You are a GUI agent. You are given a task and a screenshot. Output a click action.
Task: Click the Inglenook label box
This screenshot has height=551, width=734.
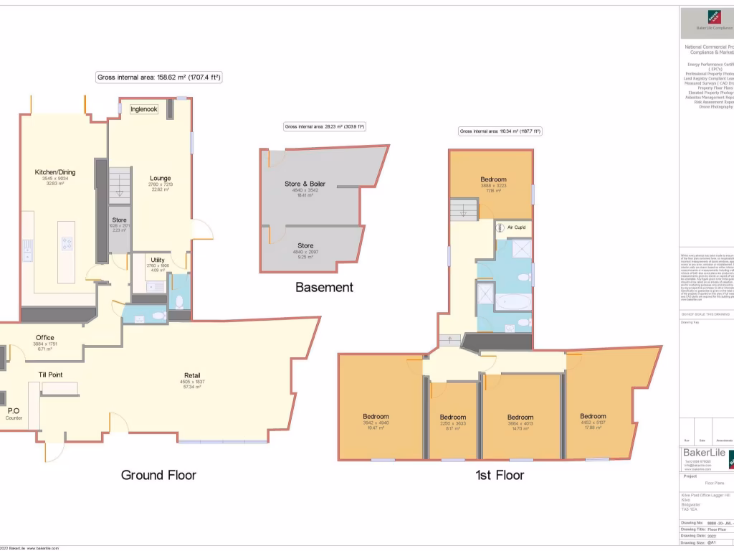click(x=144, y=109)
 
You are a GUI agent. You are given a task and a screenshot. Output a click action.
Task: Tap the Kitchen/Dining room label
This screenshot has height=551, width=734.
click(x=55, y=172)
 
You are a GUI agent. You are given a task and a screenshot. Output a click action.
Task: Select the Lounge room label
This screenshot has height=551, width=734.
click(x=160, y=179)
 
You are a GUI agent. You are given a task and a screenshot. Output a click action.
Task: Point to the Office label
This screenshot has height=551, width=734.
click(x=45, y=338)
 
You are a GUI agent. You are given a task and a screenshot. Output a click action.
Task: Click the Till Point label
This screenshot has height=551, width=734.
click(x=50, y=375)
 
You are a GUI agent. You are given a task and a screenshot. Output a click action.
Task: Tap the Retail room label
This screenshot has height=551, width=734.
click(x=192, y=375)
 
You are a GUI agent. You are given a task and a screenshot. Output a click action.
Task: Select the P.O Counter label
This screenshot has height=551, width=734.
click(x=14, y=414)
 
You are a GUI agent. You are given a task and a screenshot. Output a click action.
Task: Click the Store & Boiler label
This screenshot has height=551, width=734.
click(x=305, y=184)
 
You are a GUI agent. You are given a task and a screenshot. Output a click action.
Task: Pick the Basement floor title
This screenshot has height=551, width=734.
click(x=324, y=288)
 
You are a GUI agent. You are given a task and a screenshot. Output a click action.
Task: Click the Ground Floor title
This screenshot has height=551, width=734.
click(x=158, y=475)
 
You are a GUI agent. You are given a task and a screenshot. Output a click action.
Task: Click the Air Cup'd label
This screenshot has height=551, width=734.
click(x=516, y=227)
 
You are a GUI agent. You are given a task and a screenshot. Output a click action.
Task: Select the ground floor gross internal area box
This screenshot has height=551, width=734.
click(x=158, y=77)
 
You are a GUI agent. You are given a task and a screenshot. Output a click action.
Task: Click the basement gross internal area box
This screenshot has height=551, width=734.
click(x=325, y=127)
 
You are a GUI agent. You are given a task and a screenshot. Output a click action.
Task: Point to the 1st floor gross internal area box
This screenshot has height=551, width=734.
click(x=500, y=131)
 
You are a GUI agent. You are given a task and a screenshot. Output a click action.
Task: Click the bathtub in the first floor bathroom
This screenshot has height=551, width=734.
click(x=512, y=303)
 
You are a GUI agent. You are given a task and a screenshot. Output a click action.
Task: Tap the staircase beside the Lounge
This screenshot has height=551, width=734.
click(x=120, y=185)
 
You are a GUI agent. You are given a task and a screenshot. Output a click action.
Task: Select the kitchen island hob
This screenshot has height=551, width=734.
click(x=67, y=243)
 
